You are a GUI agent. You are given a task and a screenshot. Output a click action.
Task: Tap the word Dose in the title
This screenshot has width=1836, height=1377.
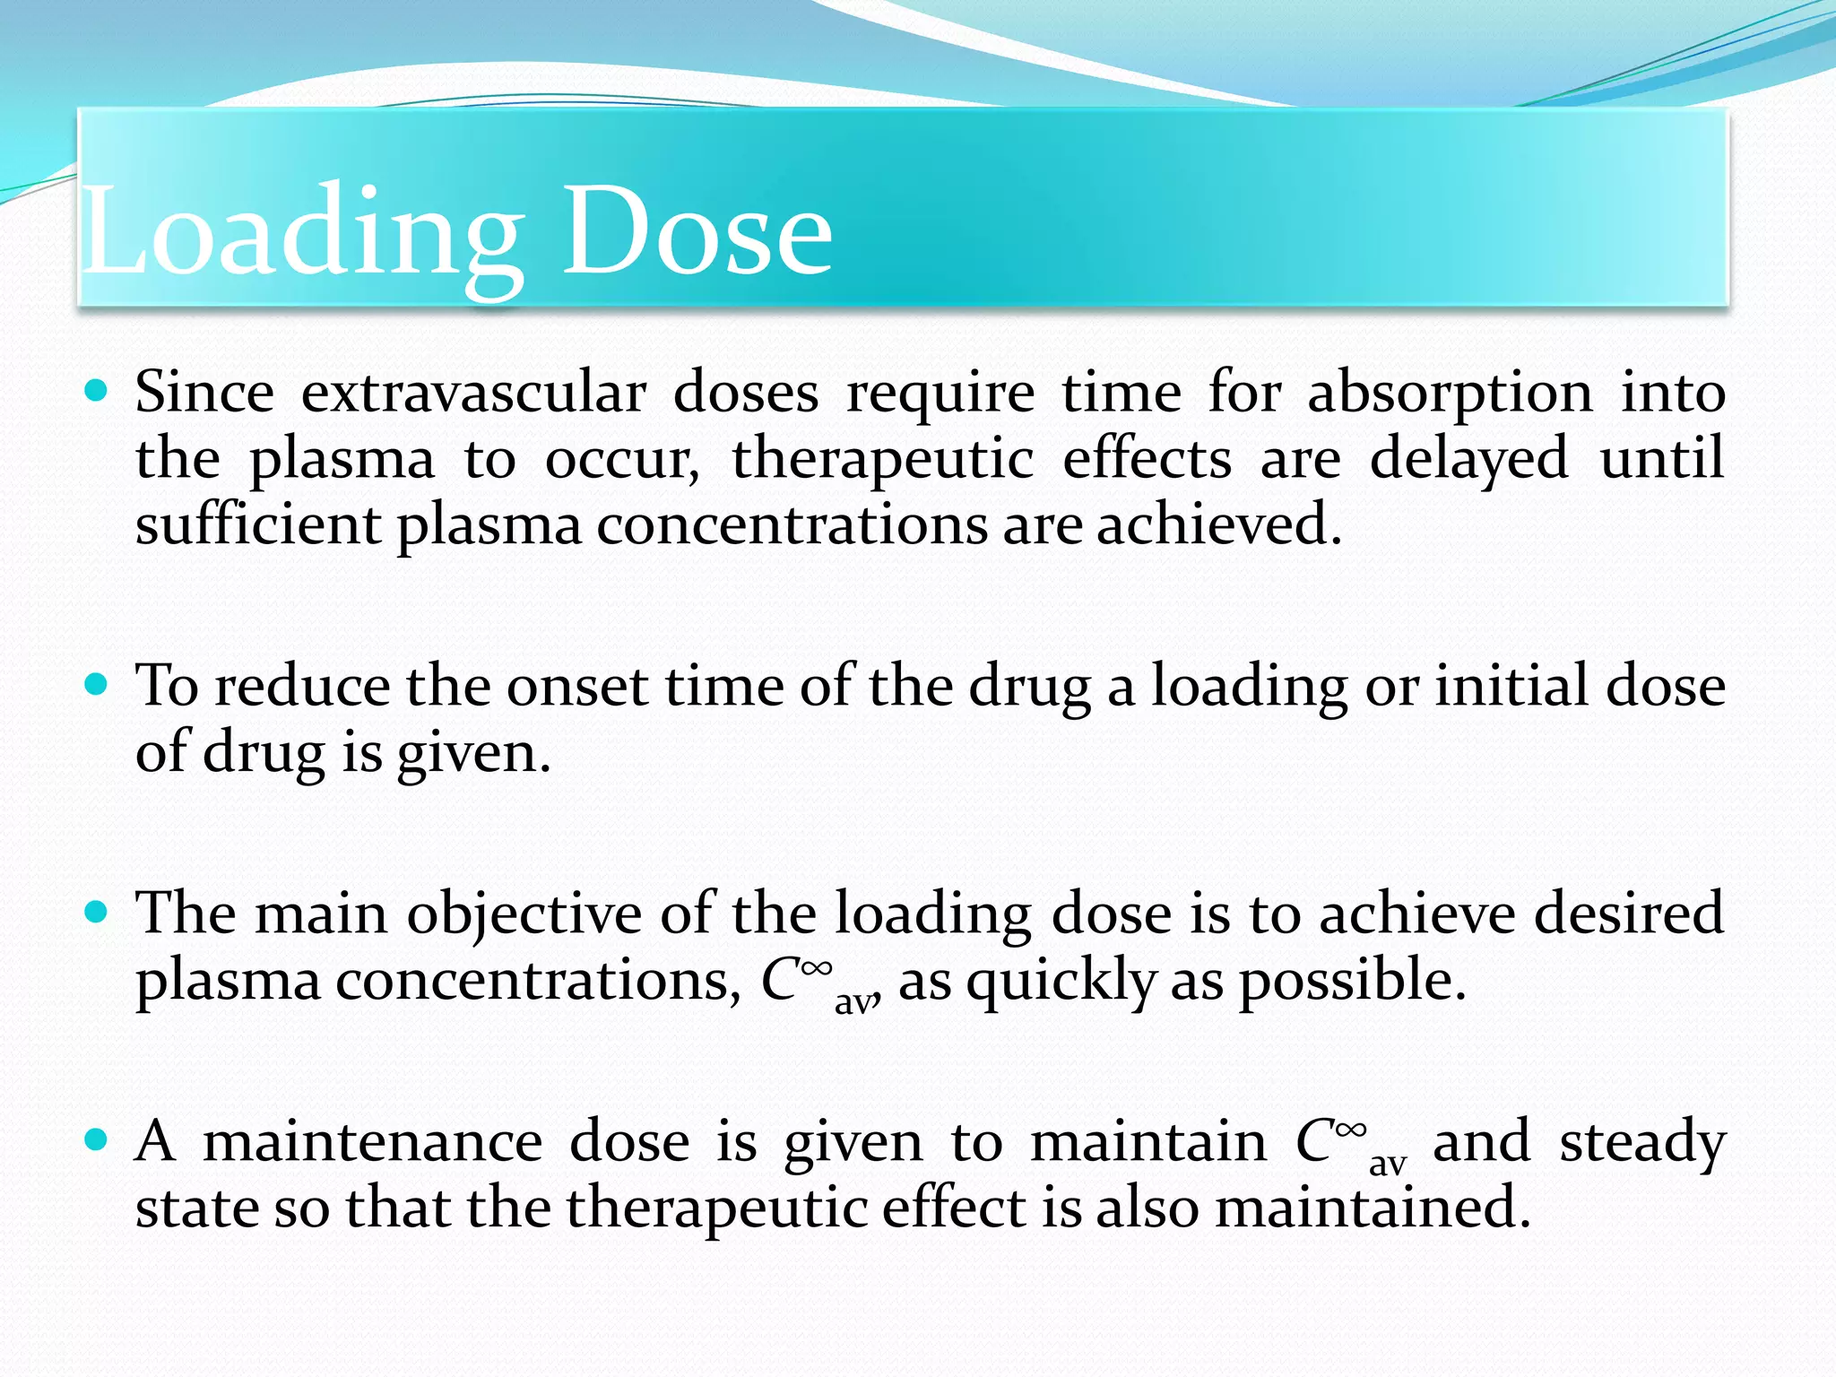pyautogui.click(x=697, y=233)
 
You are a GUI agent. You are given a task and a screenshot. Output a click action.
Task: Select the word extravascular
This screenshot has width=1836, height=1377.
pyautogui.click(x=473, y=393)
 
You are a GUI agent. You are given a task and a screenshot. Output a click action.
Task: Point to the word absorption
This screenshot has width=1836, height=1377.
pyautogui.click(x=1450, y=393)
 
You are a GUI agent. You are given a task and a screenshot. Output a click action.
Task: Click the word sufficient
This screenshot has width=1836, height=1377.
pyautogui.click(x=258, y=524)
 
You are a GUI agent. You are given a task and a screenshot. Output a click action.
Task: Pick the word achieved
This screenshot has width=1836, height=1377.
pyautogui.click(x=1219, y=524)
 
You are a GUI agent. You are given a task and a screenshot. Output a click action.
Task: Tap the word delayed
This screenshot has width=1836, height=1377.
pyautogui.click(x=1468, y=459)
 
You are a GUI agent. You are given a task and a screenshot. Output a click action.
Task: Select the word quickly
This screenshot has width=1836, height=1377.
pyautogui.click(x=1061, y=981)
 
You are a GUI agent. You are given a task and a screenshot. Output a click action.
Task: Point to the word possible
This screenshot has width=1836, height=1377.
pyautogui.click(x=1353, y=981)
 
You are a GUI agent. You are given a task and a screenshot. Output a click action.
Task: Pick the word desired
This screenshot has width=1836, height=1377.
pyautogui.click(x=1629, y=914)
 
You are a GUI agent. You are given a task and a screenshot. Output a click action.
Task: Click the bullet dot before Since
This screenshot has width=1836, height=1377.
pyautogui.click(x=95, y=391)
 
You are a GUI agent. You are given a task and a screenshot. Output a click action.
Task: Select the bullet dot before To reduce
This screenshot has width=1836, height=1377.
pyautogui.click(x=95, y=685)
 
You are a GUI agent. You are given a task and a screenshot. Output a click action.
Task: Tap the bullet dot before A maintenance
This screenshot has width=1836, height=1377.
pyautogui.click(x=95, y=1140)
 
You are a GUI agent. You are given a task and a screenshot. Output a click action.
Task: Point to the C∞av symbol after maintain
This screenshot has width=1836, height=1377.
pyautogui.click(x=1350, y=1144)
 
